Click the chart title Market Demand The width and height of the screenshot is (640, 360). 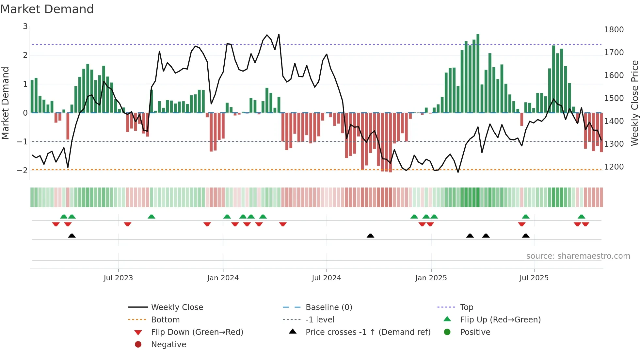point(47,9)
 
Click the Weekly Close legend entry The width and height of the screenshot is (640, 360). point(177,307)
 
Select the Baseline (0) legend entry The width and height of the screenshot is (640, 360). point(328,307)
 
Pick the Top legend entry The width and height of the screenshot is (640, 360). point(466,307)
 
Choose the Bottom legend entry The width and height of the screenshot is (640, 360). point(165,319)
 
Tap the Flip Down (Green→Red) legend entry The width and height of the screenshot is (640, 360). point(197,332)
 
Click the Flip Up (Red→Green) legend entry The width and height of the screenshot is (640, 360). point(500,319)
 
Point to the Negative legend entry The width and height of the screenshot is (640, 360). point(168,344)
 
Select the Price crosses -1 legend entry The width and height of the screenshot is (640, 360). point(368,332)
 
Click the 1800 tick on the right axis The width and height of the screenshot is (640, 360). point(614,30)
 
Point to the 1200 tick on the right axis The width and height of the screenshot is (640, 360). point(614,167)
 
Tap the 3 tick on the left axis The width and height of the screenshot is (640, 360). point(25,26)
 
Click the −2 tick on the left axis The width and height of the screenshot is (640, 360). point(22,170)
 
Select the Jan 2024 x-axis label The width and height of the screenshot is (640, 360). point(223,278)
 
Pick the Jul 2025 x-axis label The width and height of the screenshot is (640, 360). point(534,278)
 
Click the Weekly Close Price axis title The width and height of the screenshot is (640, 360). point(634,103)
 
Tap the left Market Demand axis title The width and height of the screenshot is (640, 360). point(6,103)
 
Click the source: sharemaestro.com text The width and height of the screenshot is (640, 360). point(578,256)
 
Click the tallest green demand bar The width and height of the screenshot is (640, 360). point(478,74)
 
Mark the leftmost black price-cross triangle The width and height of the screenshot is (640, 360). point(72,236)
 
